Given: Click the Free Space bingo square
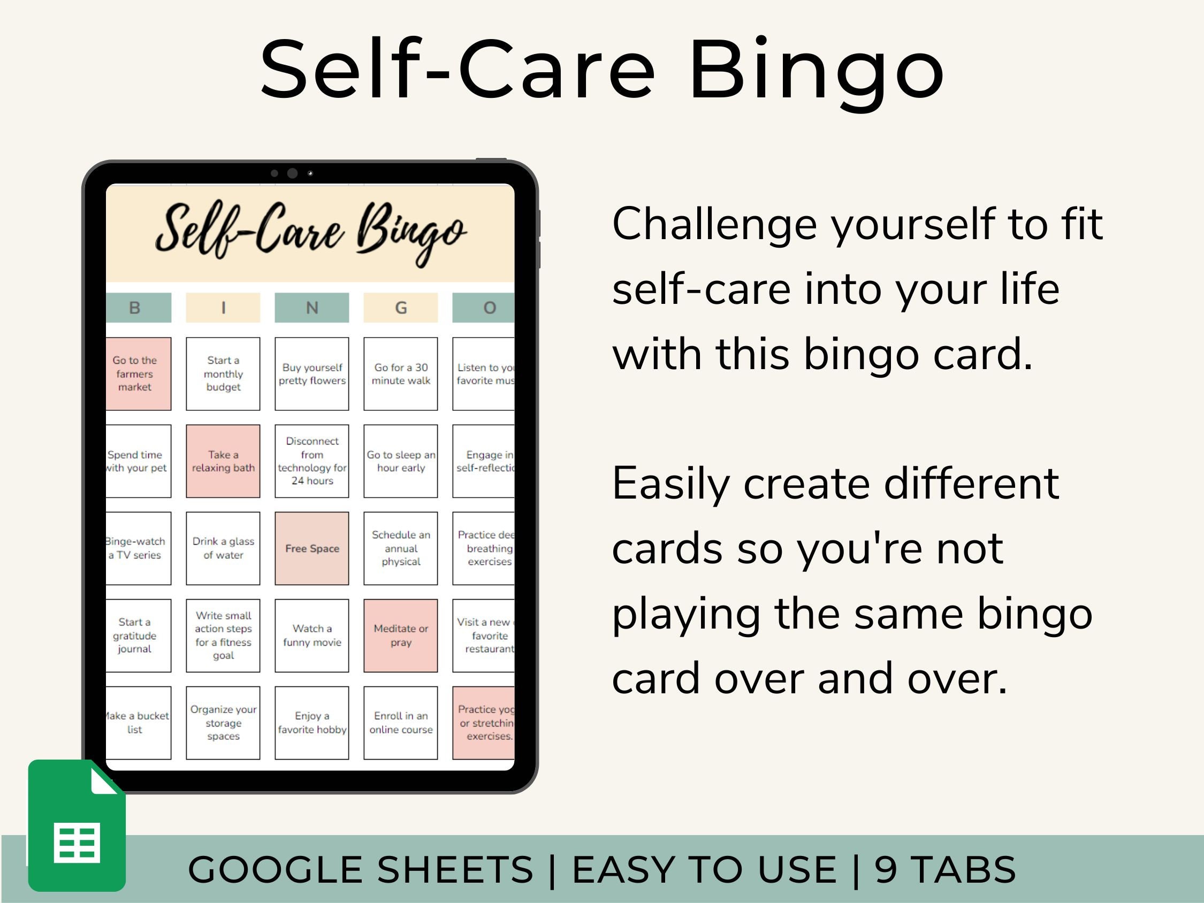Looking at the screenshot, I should [x=312, y=548].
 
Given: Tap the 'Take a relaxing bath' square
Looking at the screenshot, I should [x=223, y=461].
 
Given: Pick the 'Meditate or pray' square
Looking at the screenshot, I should [x=401, y=635].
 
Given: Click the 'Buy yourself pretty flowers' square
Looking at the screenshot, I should [x=312, y=374].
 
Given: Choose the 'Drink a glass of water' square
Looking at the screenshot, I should [x=223, y=548].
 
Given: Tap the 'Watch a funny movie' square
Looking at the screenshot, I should [x=312, y=635].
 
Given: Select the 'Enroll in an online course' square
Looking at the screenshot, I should [x=401, y=722].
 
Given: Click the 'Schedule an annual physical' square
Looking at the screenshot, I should [x=401, y=548].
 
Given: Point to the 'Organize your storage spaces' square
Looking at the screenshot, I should [x=223, y=722].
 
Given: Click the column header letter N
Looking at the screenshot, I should [x=312, y=308].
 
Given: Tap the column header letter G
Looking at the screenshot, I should [x=401, y=308].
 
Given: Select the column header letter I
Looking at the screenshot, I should [x=223, y=308].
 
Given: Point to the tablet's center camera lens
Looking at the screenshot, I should [x=292, y=173].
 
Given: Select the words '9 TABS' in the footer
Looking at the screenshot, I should [x=946, y=869].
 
